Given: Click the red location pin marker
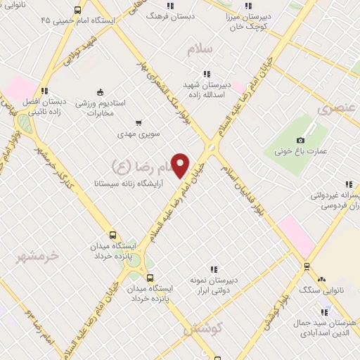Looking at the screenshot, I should (181, 165).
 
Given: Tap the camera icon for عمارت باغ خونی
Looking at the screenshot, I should (301, 140).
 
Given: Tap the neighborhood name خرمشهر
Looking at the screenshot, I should (39, 256).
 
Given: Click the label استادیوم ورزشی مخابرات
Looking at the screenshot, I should (101, 108).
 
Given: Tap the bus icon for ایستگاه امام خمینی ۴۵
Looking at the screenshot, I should (77, 11).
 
